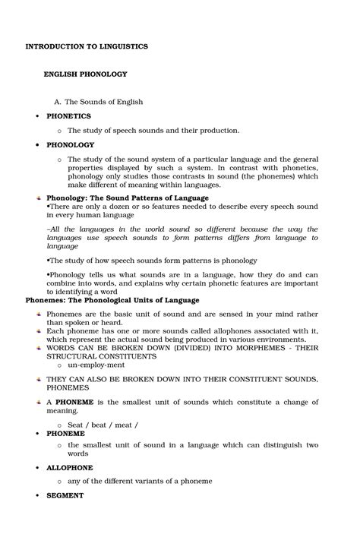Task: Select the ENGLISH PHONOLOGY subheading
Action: coord(85,74)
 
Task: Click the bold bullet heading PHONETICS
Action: coord(68,116)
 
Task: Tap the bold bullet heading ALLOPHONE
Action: coord(70,467)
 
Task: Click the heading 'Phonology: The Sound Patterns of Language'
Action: coord(128,198)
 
